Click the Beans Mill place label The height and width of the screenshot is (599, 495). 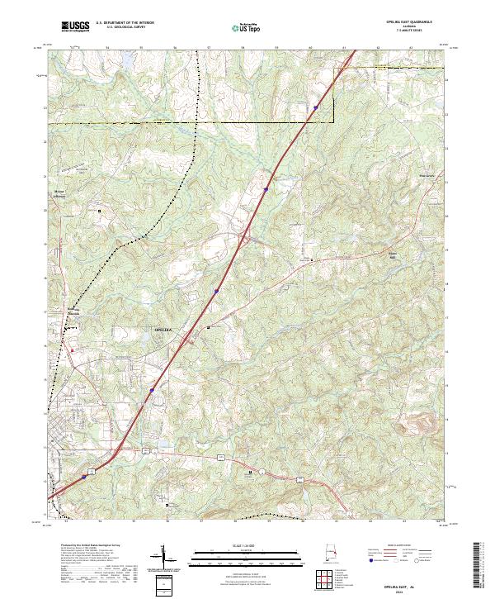(x=393, y=254)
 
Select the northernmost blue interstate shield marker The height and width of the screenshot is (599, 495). (x=315, y=107)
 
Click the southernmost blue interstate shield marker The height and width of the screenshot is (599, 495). (x=84, y=476)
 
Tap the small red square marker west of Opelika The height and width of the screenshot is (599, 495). (x=72, y=350)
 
